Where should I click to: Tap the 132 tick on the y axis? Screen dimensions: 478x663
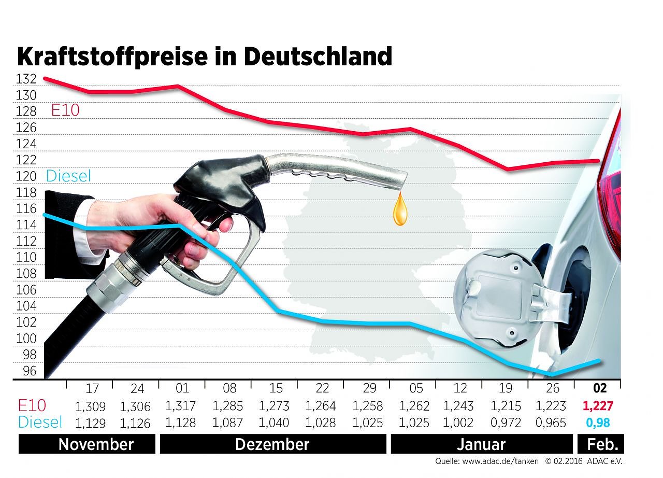(x=26, y=79)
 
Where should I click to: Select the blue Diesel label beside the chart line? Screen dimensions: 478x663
(x=68, y=176)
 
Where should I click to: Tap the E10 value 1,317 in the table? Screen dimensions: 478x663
(x=180, y=406)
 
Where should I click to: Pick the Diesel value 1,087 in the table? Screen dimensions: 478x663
(x=227, y=423)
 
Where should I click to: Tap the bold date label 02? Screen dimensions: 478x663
(x=599, y=388)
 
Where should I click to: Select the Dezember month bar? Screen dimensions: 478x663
(x=272, y=444)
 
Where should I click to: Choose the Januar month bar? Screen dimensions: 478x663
(x=481, y=444)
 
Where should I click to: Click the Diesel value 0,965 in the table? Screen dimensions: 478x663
(x=553, y=423)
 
